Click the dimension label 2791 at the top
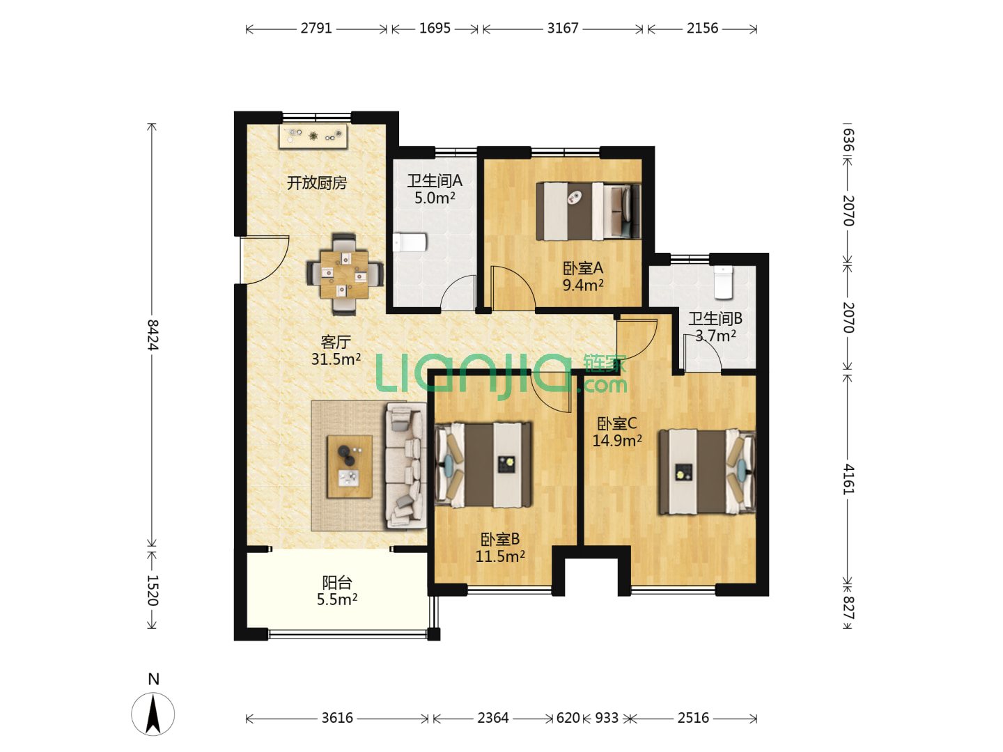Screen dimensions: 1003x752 [316, 29]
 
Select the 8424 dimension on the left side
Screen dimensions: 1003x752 [153, 335]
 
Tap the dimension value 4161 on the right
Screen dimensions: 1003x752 [848, 479]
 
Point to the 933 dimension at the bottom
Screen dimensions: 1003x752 [607, 718]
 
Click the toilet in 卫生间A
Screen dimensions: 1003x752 [410, 242]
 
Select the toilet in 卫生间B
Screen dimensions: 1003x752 [724, 282]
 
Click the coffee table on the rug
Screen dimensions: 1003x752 [350, 467]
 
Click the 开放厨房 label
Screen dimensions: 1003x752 [316, 182]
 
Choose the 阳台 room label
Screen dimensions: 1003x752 [336, 582]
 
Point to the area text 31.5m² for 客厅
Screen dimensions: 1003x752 [336, 359]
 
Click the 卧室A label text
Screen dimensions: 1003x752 [582, 268]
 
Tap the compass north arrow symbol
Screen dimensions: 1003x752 [153, 714]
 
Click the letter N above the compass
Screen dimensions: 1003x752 [153, 680]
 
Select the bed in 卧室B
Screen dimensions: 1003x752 [483, 465]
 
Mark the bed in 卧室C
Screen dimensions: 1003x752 [706, 471]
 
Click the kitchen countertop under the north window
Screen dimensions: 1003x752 [313, 136]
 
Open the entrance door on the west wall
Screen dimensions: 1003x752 [264, 259]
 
